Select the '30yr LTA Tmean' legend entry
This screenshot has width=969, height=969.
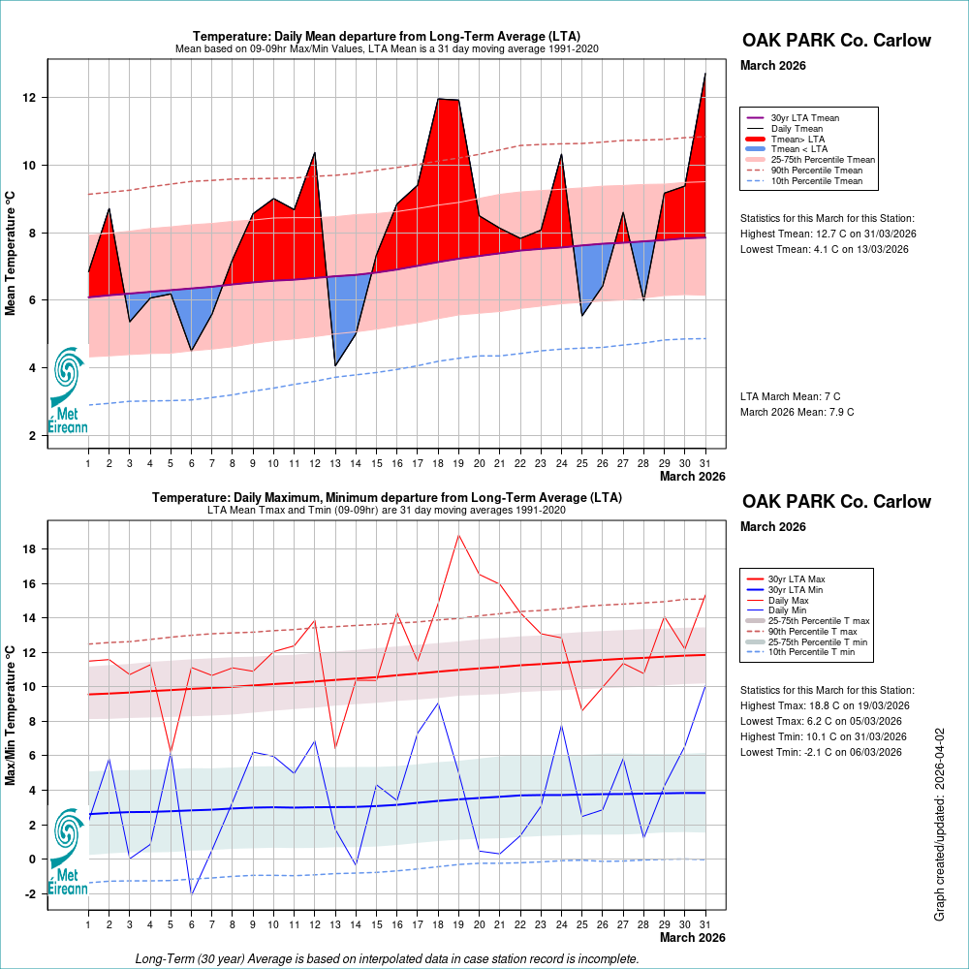804,118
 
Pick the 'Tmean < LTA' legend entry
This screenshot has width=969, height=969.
798,149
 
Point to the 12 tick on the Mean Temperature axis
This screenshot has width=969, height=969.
31,98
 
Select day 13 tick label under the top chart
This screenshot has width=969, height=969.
335,463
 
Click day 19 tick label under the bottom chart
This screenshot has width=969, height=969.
458,925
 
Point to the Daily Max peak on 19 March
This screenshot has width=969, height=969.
458,535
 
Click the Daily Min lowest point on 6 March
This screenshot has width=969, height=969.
192,893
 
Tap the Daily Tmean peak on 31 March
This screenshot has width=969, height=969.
704,74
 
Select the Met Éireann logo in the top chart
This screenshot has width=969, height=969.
68,388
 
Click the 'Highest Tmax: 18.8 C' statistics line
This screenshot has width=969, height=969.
825,705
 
